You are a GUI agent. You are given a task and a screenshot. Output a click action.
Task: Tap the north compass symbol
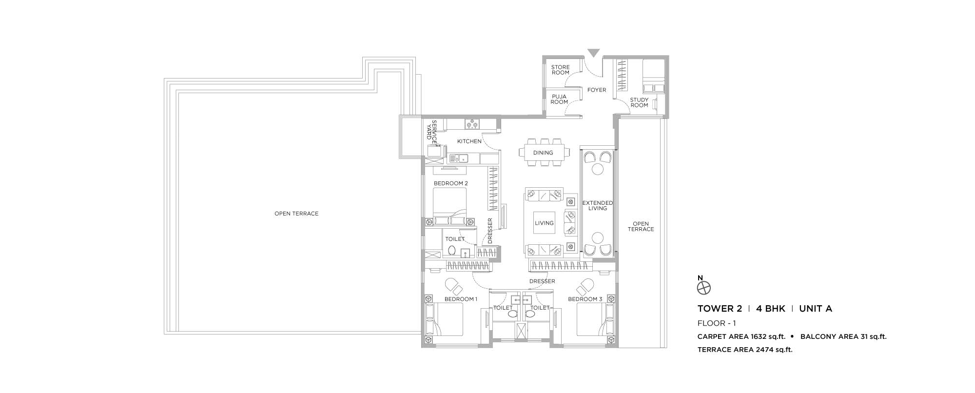coord(704,288)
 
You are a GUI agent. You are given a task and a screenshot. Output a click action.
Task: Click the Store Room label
coord(560,70)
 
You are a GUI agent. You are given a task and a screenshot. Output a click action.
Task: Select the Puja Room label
coord(559,99)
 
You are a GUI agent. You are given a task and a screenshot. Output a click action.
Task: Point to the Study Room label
coord(639,102)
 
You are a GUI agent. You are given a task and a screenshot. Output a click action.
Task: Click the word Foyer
coord(597,90)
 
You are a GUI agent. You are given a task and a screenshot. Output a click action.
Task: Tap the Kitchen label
coord(469,141)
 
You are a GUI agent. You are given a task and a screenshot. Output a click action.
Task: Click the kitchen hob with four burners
coord(131,124)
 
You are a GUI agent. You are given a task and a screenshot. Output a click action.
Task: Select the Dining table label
coord(543,153)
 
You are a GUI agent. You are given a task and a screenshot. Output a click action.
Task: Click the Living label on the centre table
coord(544,223)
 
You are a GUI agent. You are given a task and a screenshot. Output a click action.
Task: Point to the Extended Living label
coord(598,205)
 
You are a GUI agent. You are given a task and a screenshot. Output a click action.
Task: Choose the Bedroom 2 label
coord(451,183)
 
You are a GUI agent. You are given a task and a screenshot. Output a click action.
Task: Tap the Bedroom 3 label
coord(585,299)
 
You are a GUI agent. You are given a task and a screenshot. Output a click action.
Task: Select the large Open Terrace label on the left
coord(296,214)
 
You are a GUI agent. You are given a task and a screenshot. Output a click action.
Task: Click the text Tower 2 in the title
coord(720,308)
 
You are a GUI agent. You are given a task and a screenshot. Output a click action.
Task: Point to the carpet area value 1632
coord(744,336)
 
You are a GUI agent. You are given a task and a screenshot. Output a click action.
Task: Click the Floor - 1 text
coord(717,323)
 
